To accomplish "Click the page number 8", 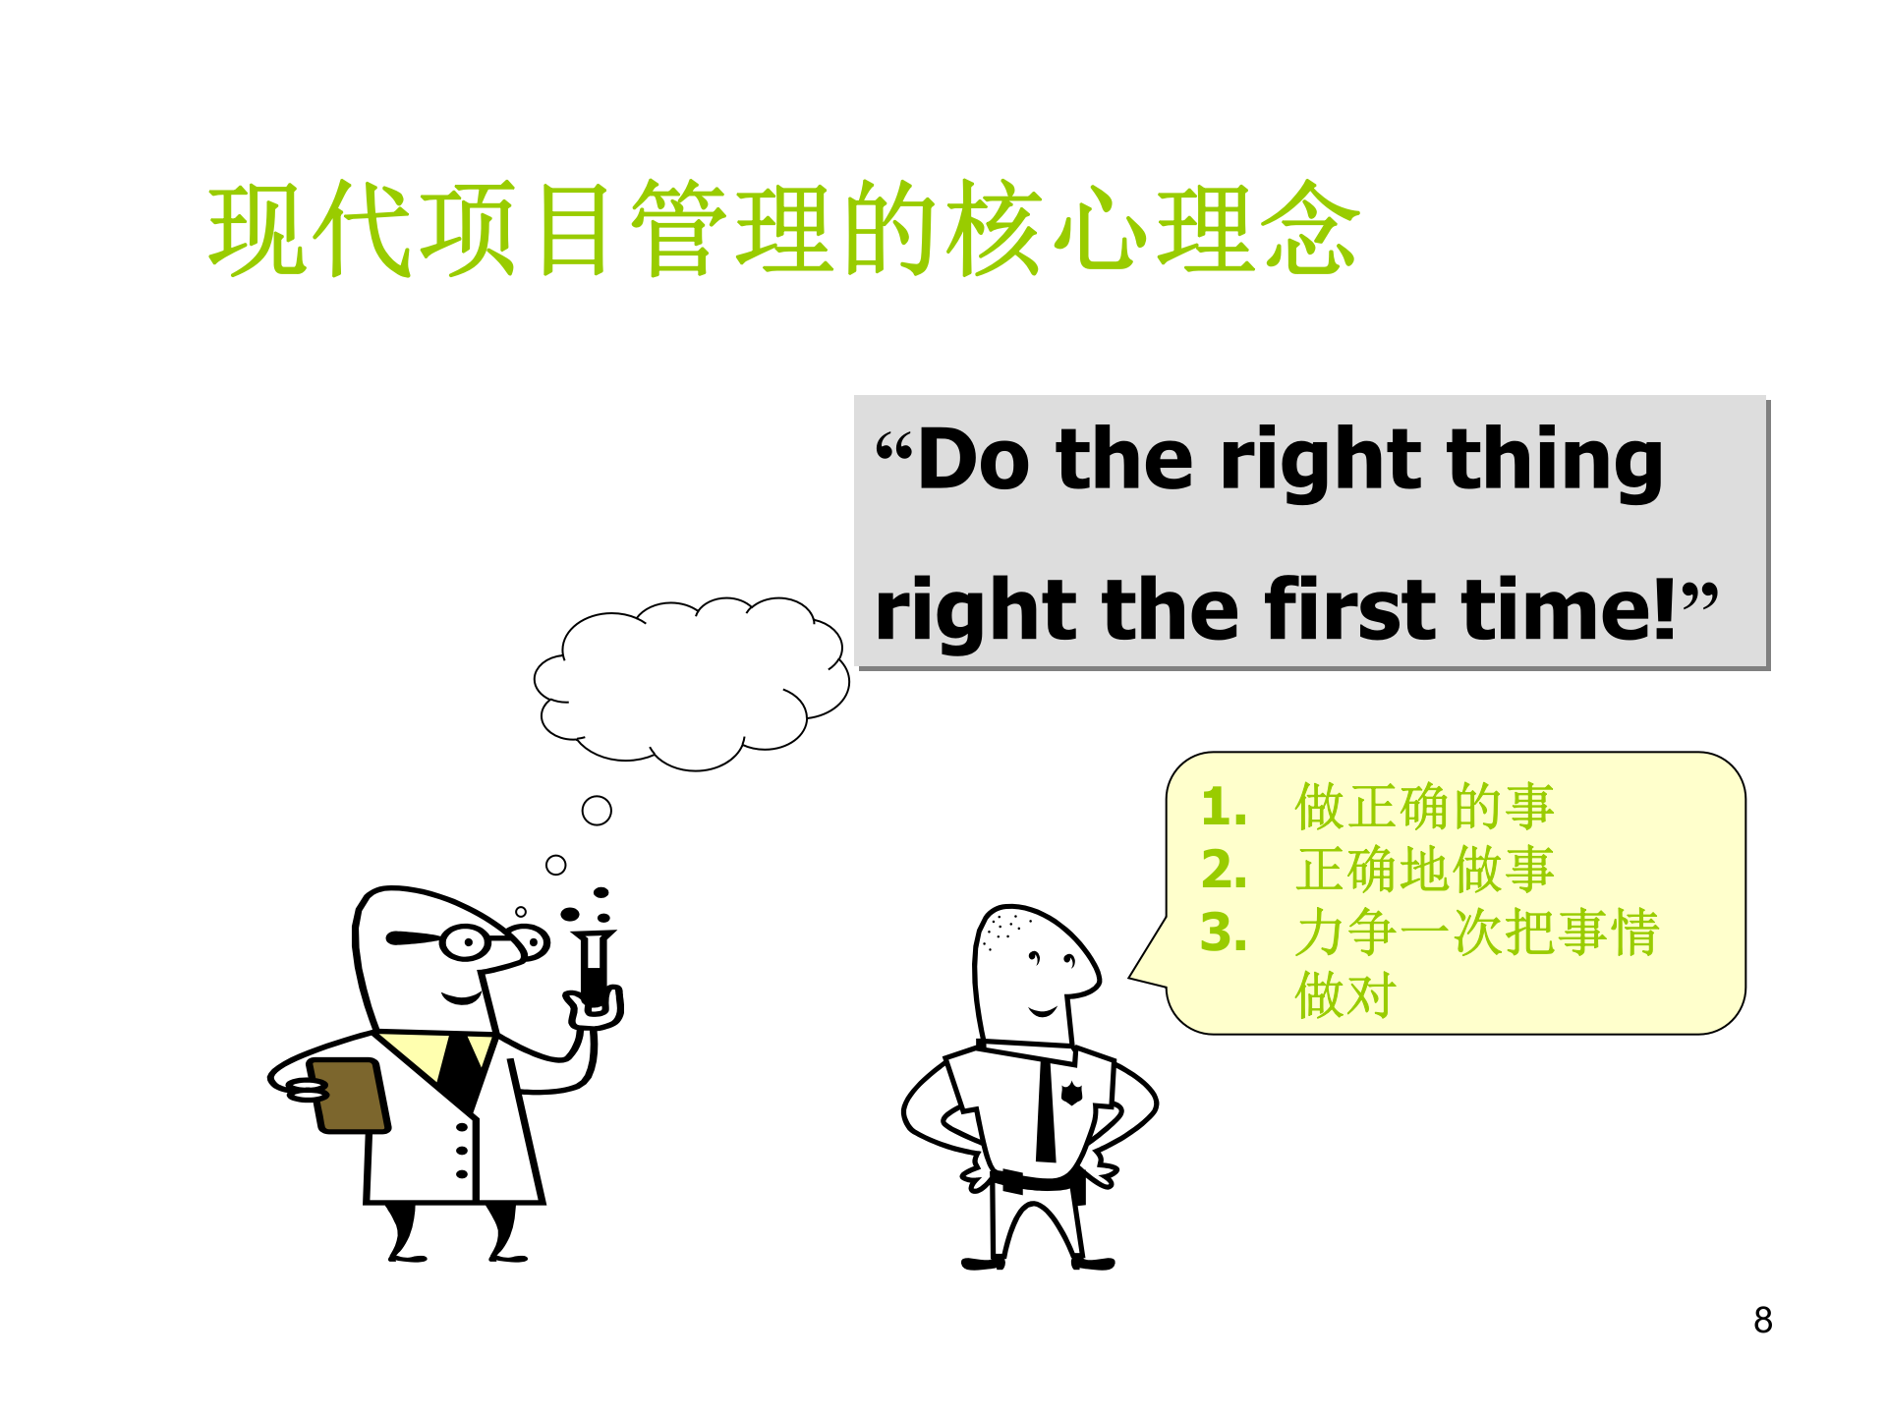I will pos(1762,1320).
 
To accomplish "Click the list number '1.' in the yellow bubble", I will pos(1224,807).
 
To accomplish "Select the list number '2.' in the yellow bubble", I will pos(1224,870).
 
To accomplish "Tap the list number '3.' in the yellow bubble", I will pos(1224,933).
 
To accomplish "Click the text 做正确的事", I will pos(1424,807).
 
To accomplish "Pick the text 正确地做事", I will pos(1424,870).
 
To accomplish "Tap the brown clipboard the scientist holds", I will pos(350,1095).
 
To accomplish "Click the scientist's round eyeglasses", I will pos(466,942).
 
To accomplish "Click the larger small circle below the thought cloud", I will pos(597,811).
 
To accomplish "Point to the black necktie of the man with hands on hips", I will pos(1046,1110).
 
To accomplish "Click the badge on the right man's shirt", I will pos(1071,1093).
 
